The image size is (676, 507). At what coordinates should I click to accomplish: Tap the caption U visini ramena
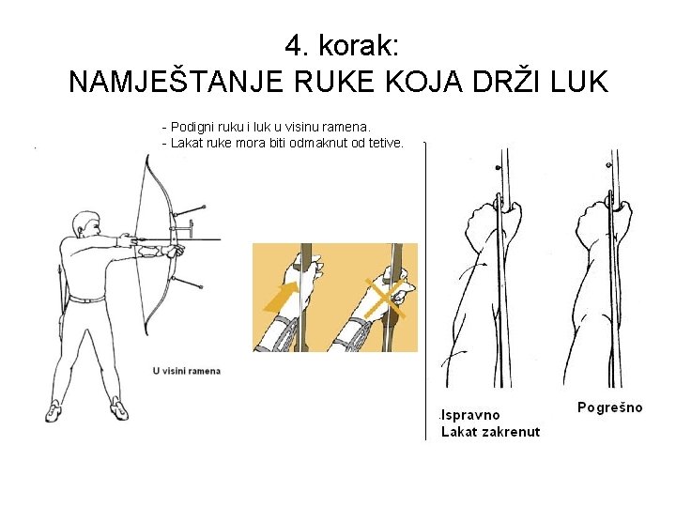coord(187,371)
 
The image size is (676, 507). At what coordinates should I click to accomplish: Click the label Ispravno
coord(470,415)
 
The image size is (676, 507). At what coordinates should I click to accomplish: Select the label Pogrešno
coord(609,407)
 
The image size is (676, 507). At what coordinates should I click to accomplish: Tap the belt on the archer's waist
coord(87,300)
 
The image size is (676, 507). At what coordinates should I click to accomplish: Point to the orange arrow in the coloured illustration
coord(282,297)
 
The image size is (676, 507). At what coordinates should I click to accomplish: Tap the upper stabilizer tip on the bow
coord(204,207)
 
